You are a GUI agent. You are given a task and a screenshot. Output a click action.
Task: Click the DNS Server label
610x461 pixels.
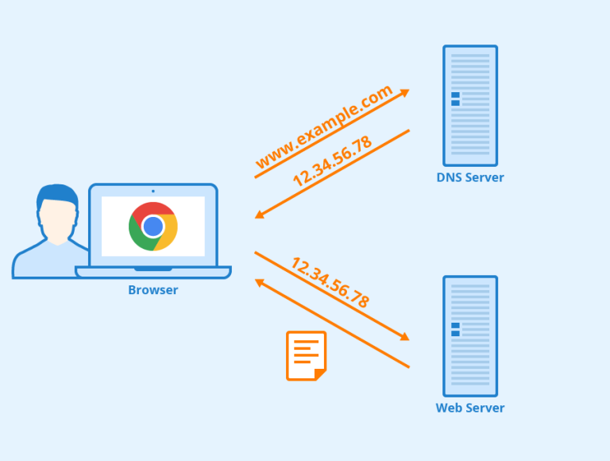pos(469,177)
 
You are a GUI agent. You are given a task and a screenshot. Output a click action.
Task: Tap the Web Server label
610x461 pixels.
pos(469,408)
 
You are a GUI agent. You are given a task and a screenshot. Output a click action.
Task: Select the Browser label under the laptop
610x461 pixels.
pos(153,290)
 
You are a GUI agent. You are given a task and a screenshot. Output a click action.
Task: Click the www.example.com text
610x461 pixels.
pos(324,127)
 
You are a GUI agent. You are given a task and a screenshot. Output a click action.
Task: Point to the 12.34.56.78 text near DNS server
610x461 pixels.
pos(332,161)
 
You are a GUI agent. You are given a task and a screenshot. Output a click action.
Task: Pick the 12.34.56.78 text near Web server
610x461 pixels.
pos(330,282)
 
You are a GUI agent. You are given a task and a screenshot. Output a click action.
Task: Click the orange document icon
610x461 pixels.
pos(306,355)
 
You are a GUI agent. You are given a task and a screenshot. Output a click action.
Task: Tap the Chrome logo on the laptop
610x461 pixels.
pos(153,226)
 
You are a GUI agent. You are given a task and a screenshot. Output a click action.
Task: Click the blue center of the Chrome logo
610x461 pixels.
pos(153,226)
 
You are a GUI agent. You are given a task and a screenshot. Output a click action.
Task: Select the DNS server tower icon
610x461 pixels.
pos(469,105)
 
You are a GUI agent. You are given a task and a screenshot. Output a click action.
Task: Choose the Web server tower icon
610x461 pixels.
pos(469,335)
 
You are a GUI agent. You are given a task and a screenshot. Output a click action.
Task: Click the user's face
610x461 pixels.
pos(57,218)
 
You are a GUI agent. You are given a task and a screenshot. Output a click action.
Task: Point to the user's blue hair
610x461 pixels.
pos(57,194)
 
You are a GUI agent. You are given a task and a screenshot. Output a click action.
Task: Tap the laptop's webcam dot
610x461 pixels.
pos(153,191)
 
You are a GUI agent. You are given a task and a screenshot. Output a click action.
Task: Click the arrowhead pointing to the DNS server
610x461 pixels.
pos(405,91)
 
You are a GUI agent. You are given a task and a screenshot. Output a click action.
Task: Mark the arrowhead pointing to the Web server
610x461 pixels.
pos(405,338)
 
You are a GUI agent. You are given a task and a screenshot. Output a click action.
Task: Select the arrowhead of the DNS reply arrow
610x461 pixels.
pos(259,215)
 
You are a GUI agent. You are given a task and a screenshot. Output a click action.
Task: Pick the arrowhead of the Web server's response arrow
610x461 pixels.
pos(259,281)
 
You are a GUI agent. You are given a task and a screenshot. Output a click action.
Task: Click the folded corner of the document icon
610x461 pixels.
pos(319,374)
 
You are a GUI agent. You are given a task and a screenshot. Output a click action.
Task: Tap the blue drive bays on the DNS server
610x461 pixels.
pos(455,99)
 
